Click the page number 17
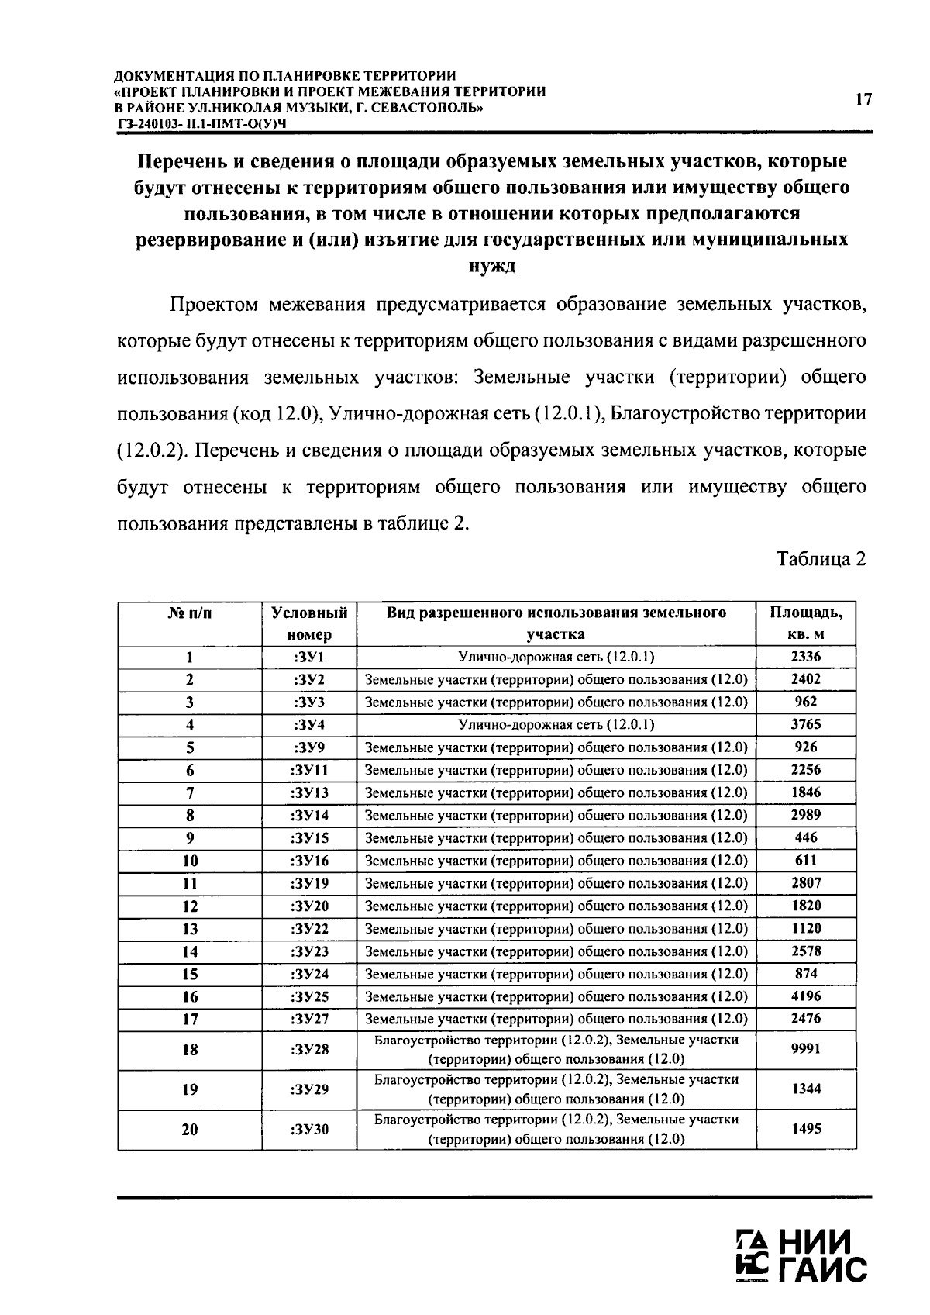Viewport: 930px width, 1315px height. [x=863, y=99]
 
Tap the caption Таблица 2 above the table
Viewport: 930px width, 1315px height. [x=821, y=559]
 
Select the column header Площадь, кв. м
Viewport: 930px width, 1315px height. [x=806, y=623]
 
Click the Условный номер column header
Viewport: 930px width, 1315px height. [x=309, y=623]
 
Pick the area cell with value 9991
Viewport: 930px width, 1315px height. [x=806, y=1049]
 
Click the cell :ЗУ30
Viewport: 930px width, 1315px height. [x=309, y=1129]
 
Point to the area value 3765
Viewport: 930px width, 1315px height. [x=806, y=724]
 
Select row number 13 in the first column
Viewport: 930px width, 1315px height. [x=190, y=929]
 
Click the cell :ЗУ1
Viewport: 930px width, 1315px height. [x=309, y=657]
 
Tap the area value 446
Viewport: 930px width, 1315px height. [x=806, y=837]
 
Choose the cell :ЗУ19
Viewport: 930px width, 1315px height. [x=309, y=883]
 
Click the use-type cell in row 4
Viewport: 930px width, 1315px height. [x=556, y=724]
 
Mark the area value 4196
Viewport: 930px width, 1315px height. [x=806, y=996]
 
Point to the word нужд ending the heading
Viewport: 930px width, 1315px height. [x=491, y=267]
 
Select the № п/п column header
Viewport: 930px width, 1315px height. [x=190, y=613]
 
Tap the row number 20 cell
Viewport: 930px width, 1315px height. [x=190, y=1130]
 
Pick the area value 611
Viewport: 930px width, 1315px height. [x=806, y=860]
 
